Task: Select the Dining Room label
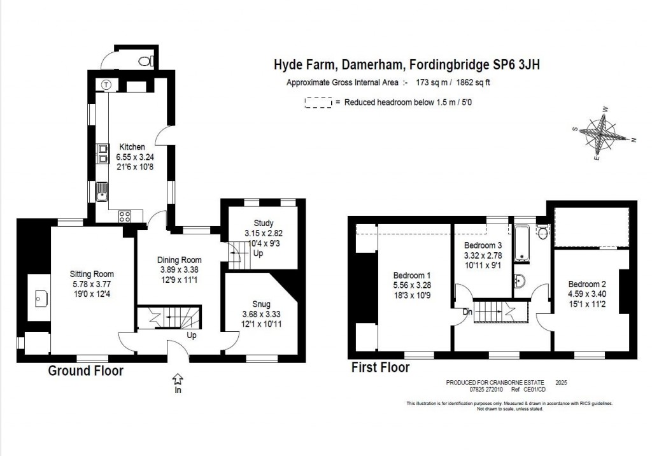[179, 260]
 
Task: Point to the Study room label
[263, 223]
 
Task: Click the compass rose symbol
[602, 135]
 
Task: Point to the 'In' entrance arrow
[177, 380]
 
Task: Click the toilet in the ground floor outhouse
[146, 61]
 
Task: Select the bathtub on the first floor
[522, 243]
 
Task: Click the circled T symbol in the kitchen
[106, 85]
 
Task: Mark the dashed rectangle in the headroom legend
[318, 102]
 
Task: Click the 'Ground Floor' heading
[86, 371]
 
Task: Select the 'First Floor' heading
[381, 367]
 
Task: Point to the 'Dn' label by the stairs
[467, 311]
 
